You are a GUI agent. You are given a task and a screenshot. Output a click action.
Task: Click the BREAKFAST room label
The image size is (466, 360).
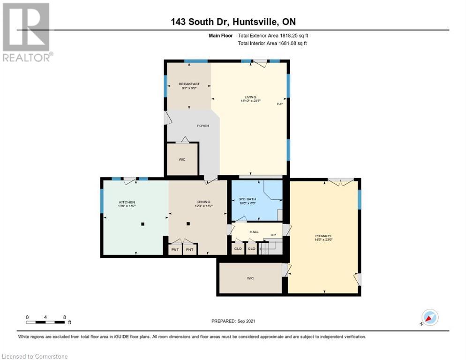pyautogui.click(x=189, y=84)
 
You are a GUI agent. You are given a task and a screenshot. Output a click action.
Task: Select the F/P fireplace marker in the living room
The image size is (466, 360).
pyautogui.click(x=280, y=104)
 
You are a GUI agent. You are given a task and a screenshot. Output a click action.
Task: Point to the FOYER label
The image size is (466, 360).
pyautogui.click(x=203, y=126)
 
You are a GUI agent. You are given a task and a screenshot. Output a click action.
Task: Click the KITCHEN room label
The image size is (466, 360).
pyautogui.click(x=127, y=202)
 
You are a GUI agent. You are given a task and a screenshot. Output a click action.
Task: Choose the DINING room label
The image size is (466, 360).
pyautogui.click(x=203, y=202)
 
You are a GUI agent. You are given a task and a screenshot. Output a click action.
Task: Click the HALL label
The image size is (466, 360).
pyautogui.click(x=254, y=232)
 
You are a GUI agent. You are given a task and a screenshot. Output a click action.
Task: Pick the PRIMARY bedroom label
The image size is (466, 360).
pyautogui.click(x=323, y=236)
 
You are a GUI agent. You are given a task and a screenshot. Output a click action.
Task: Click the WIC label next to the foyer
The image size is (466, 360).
pyautogui.click(x=182, y=159)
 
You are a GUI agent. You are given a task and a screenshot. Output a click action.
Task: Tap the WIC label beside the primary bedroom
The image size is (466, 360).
pyautogui.click(x=250, y=278)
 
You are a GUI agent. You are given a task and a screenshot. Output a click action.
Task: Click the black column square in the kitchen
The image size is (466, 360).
pyautogui.click(x=143, y=224)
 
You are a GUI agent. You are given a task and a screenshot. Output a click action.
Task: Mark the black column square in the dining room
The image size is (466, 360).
pyautogui.click(x=188, y=224)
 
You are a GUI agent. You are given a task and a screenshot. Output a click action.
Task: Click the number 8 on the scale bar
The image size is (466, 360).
pyautogui.click(x=64, y=317)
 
